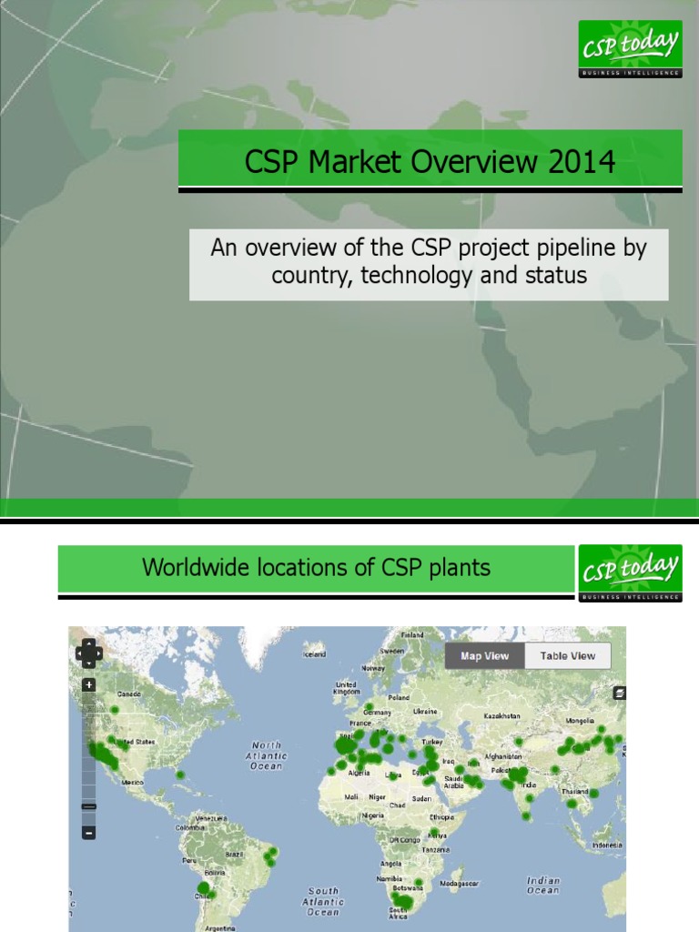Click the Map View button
(483, 655)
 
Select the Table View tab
(566, 655)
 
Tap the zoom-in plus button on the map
(88, 685)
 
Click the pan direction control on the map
(88, 652)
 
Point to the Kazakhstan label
(501, 717)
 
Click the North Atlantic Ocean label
(267, 755)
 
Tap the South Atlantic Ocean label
(323, 901)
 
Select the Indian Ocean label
(543, 885)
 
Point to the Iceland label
(315, 653)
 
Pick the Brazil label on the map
(234, 855)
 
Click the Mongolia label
(579, 719)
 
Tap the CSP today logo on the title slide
(630, 48)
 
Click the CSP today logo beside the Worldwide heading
(629, 572)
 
